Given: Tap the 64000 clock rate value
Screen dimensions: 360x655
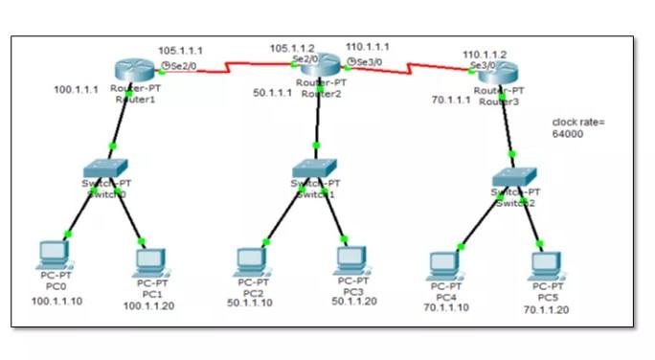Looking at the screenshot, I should click(568, 135).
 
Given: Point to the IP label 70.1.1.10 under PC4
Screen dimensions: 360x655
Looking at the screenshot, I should click(446, 307).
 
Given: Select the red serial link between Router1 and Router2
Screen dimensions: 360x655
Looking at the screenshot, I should click(239, 68).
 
